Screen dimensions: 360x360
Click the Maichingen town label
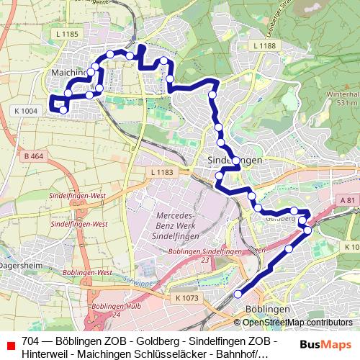tap(70, 73)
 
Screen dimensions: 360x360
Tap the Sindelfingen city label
tap(234, 160)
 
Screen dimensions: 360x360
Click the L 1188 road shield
tap(264, 45)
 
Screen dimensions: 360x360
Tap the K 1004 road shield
tap(24, 111)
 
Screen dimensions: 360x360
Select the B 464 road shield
tap(32, 156)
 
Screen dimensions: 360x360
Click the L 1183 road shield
tap(163, 172)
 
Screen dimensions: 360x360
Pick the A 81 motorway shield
tap(347, 202)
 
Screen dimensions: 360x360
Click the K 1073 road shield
tap(186, 297)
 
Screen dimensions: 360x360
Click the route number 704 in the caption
tap(30, 340)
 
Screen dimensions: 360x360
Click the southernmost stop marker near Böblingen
tap(238, 294)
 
